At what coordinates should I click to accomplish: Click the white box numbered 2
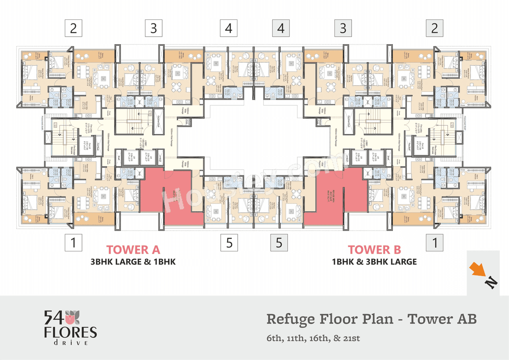click(x=73, y=28)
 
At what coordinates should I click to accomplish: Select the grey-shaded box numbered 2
click(x=435, y=28)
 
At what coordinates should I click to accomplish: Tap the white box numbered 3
click(x=153, y=28)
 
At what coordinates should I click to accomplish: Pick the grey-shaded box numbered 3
click(x=343, y=28)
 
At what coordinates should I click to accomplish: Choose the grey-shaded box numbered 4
click(x=281, y=28)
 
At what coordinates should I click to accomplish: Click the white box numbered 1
click(x=73, y=242)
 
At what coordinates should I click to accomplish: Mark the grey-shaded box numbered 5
click(x=279, y=242)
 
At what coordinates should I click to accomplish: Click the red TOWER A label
click(x=133, y=250)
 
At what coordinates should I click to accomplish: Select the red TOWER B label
click(x=375, y=250)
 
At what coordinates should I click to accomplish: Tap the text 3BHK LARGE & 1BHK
click(x=133, y=262)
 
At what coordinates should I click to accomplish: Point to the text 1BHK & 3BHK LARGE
click(x=375, y=262)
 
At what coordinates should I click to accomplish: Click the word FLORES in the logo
click(x=70, y=332)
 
